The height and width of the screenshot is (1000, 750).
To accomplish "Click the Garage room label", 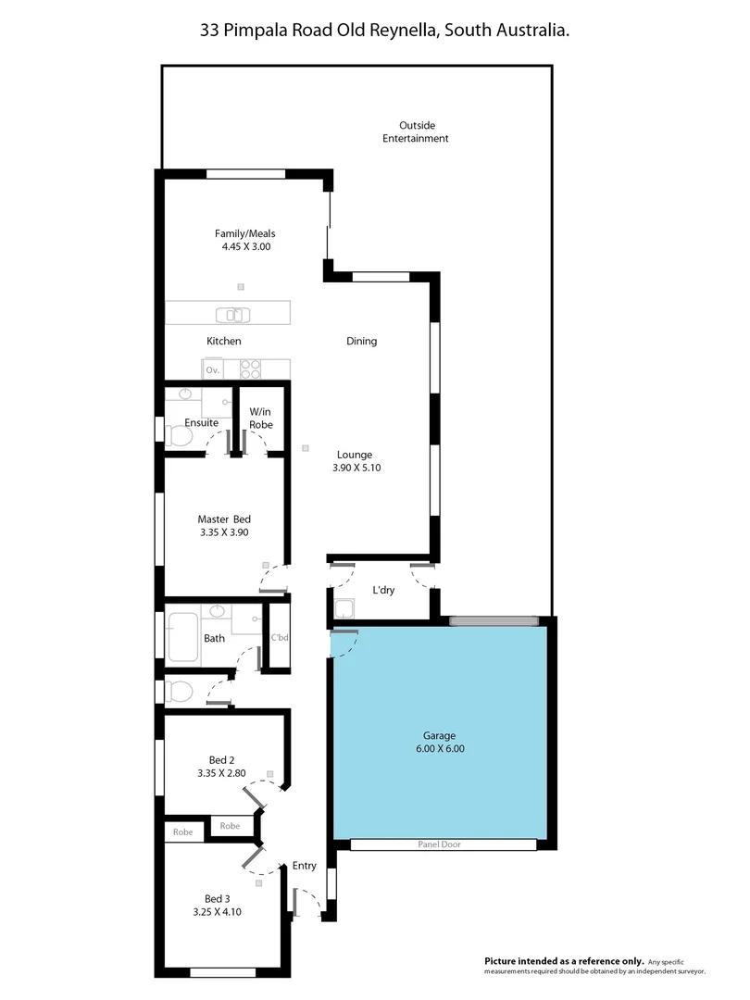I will [x=440, y=735].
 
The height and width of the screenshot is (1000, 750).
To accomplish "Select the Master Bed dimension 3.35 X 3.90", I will [x=223, y=532].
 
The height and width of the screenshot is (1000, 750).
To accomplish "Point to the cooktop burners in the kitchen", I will [x=251, y=369].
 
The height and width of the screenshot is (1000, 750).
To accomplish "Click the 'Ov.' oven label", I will [x=213, y=369].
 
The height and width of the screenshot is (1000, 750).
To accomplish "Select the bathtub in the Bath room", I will [x=185, y=637].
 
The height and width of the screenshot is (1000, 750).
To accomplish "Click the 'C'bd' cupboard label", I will [x=279, y=637].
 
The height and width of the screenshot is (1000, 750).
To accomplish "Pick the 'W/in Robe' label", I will [x=260, y=418].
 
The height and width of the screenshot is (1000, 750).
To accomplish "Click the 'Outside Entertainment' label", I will [x=416, y=131].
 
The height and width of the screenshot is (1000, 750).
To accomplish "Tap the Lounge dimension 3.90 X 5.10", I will [x=356, y=468].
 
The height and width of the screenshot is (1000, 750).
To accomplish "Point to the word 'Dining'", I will [x=361, y=341].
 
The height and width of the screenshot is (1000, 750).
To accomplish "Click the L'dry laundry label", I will [x=383, y=590].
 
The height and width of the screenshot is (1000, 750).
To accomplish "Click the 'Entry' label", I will [x=304, y=866].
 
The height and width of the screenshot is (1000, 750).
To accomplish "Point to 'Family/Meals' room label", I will [x=244, y=233].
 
